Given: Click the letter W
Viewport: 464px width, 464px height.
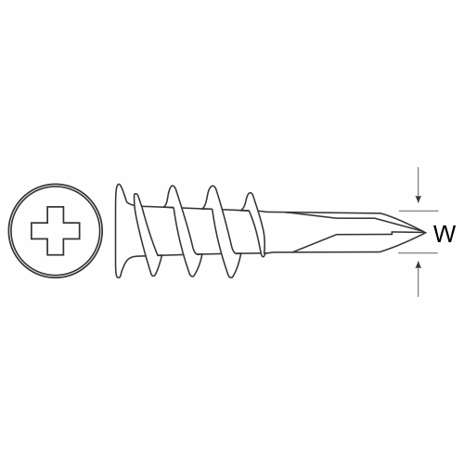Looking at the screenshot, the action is point(445,234).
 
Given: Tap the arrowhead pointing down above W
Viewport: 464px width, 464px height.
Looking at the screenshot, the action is point(419,200).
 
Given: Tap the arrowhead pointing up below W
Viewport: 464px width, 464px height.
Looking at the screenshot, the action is point(419,264).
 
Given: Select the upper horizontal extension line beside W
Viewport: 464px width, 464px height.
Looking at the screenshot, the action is point(419,211).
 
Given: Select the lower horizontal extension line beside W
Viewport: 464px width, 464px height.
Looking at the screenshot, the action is point(418,253).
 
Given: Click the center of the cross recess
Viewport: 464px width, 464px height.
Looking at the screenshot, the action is point(56,231).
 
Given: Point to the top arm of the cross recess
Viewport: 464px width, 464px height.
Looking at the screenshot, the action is point(56,214).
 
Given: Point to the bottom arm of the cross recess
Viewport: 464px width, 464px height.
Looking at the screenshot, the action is point(56,247).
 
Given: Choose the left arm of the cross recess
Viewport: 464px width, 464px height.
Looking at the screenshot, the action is point(39,231).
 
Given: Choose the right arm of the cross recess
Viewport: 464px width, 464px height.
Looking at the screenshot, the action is point(71,231).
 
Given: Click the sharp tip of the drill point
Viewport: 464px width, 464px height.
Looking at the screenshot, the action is point(426,232).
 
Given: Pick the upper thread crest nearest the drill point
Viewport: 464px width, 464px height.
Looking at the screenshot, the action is point(251,195).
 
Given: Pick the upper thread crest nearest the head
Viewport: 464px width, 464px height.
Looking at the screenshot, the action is point(135,196).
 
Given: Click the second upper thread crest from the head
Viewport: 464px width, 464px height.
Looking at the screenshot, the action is point(172,187).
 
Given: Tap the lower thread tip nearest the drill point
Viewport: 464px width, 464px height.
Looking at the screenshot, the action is point(263,254).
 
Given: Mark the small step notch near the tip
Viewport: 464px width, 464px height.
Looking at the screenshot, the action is point(392,232).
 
